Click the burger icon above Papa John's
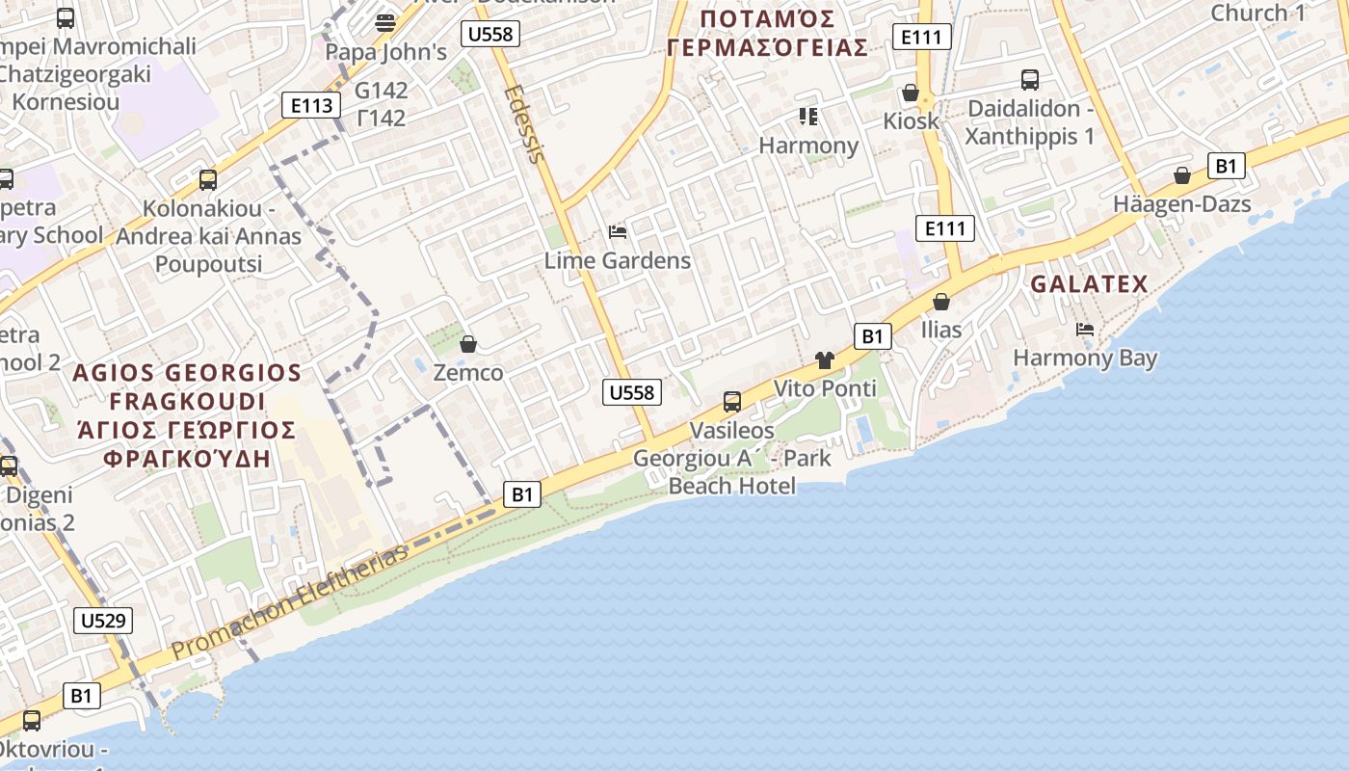(x=385, y=22)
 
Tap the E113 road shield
(x=311, y=105)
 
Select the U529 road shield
(x=103, y=620)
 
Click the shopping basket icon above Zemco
(x=468, y=344)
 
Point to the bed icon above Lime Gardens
(x=618, y=232)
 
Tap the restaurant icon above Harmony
(x=808, y=117)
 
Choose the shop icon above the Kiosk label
(x=910, y=93)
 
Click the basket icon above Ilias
(x=941, y=302)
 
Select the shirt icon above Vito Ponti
(x=824, y=360)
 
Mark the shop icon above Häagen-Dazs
(x=1182, y=175)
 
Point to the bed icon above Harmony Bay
(x=1085, y=330)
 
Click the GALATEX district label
(x=1089, y=284)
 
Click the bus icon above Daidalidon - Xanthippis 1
(x=1030, y=80)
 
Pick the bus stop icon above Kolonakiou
(x=208, y=179)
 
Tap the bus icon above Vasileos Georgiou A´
(x=732, y=402)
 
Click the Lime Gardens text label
(x=618, y=260)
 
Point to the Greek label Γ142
(x=381, y=119)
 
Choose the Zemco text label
(x=468, y=372)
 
